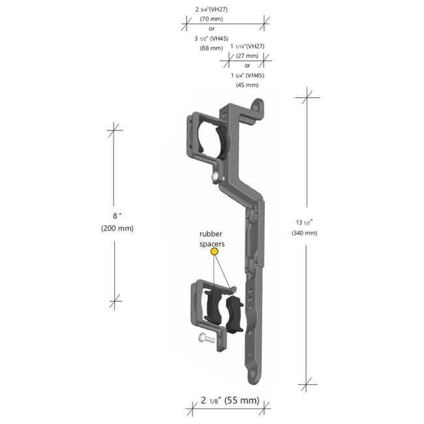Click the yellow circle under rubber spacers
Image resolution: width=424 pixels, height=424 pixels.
click(215, 251)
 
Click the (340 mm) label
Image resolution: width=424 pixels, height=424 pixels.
click(305, 233)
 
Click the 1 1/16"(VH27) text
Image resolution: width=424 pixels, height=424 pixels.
click(247, 47)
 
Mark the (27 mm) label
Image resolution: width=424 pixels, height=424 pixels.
click(247, 56)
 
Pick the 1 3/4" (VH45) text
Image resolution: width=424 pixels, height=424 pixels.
click(247, 75)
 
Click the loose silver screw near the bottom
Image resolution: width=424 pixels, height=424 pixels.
click(205, 337)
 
